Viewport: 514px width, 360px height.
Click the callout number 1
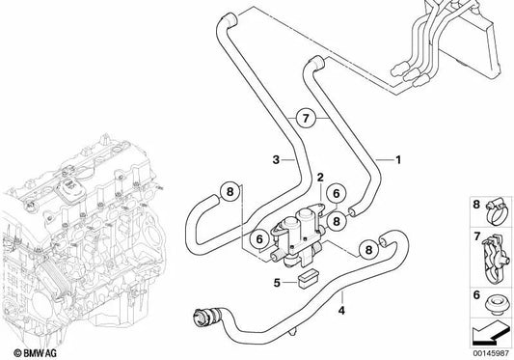pyautogui.click(x=398, y=160)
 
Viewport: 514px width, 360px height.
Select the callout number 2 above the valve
pyautogui.click(x=320, y=178)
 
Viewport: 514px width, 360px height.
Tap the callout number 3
pyautogui.click(x=276, y=160)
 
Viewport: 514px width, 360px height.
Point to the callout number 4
pyautogui.click(x=341, y=310)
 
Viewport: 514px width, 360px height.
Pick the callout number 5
pyautogui.click(x=277, y=282)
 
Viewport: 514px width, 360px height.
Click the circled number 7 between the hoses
pyautogui.click(x=306, y=118)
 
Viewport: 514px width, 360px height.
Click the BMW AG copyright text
pyautogui.click(x=35, y=353)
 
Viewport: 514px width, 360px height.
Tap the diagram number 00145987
pyautogui.click(x=492, y=354)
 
